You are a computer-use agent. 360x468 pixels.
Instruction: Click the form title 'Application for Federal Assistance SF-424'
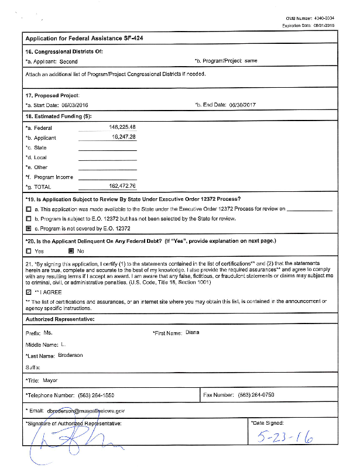point(84,38)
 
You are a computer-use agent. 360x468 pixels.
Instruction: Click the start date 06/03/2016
point(78,105)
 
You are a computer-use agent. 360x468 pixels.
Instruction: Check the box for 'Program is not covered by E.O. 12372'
point(29,228)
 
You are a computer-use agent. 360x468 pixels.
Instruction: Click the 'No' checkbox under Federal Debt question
point(71,251)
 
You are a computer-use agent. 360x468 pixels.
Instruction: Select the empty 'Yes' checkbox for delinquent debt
point(29,251)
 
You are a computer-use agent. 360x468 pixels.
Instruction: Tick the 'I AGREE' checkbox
point(29,291)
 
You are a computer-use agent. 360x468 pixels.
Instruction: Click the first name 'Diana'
point(193,332)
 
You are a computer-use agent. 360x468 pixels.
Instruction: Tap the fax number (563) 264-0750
point(256,395)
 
